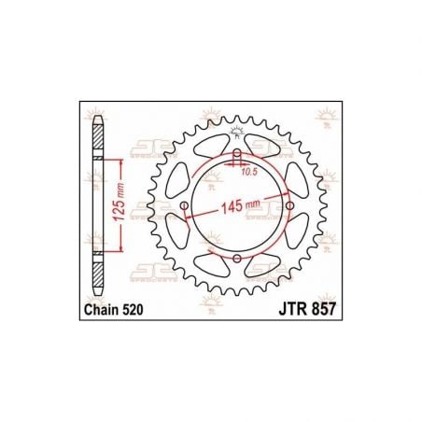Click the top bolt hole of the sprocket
click(236, 153)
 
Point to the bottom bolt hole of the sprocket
click(236, 259)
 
